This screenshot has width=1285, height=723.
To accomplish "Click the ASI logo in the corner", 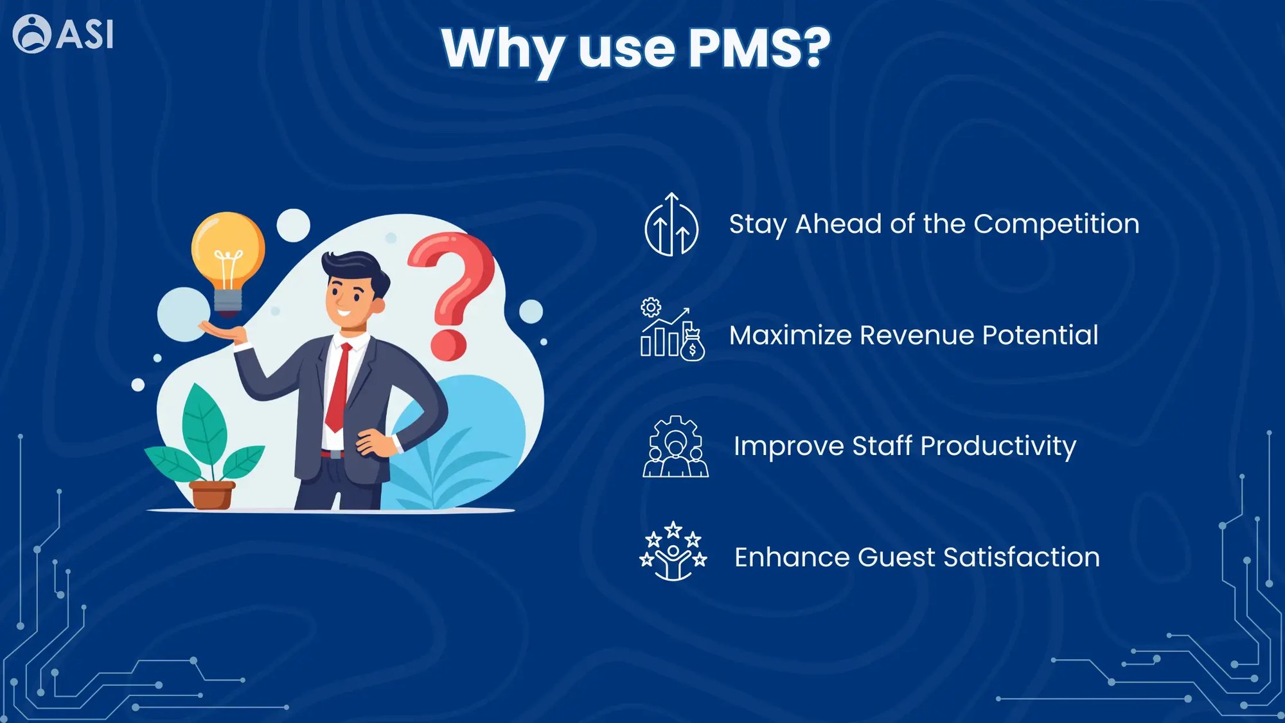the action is coord(63,33).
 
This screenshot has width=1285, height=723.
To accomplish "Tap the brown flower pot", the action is coord(212,495).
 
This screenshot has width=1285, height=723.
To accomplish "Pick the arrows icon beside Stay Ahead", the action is coord(671,224).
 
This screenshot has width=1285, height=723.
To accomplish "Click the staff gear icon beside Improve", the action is coord(675,446).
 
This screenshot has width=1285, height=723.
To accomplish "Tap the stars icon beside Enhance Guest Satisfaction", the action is coord(673,551).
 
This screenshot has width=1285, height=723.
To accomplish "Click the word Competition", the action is coord(1056,225).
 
